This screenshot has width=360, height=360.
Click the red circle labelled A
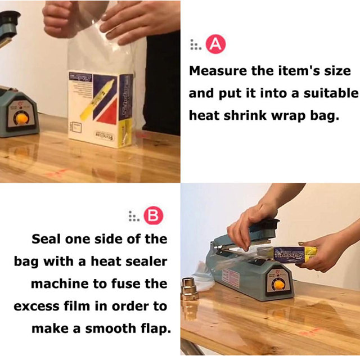tap(216, 45)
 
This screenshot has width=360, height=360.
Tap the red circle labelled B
tap(153, 215)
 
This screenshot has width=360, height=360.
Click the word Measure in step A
tap(214, 71)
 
